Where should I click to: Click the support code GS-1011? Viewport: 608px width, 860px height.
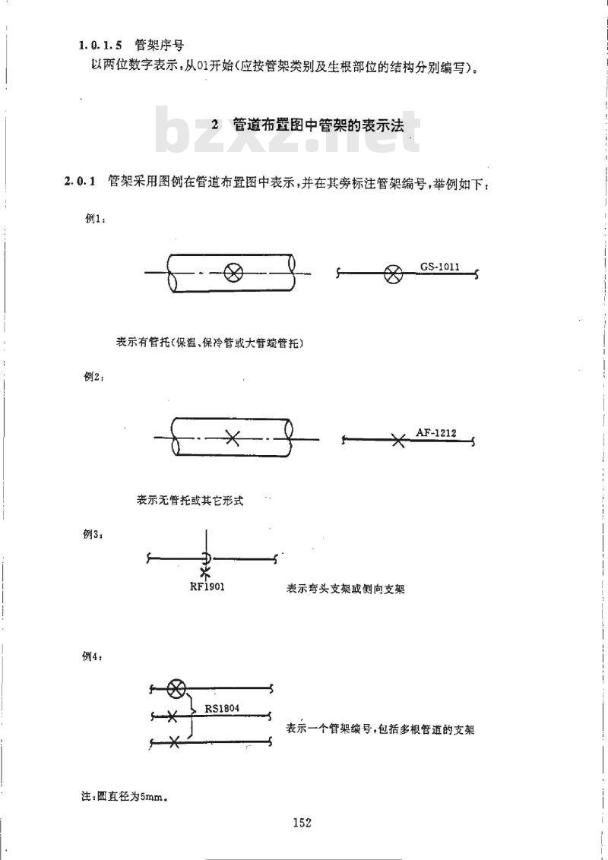point(439,267)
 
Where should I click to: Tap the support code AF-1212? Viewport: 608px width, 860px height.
point(435,432)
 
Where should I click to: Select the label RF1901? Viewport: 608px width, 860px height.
point(207,587)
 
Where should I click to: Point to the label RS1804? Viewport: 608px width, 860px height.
point(222,708)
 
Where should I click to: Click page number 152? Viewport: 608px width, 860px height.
point(302,822)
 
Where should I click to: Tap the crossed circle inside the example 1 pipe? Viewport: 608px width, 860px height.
point(233,272)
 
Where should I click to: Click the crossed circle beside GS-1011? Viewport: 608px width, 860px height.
point(392,274)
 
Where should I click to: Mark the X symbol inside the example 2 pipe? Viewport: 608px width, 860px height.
point(233,438)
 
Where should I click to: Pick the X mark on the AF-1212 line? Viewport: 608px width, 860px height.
point(399,440)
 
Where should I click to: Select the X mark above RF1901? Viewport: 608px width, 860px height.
point(205,574)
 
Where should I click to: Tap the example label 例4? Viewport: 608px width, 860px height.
point(92,656)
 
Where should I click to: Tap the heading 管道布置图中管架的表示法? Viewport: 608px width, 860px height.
point(318,125)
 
